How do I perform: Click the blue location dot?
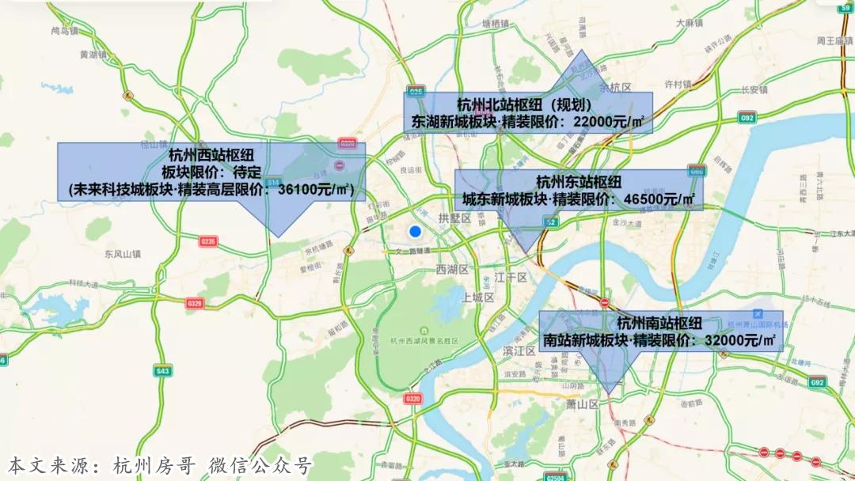point(414,232)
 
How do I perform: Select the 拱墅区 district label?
point(454,217)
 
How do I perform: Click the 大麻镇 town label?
point(690,24)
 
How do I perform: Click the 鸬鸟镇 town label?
point(64,31)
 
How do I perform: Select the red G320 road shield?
point(412,399)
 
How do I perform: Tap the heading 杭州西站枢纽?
point(211,155)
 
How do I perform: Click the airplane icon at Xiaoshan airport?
point(759,313)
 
